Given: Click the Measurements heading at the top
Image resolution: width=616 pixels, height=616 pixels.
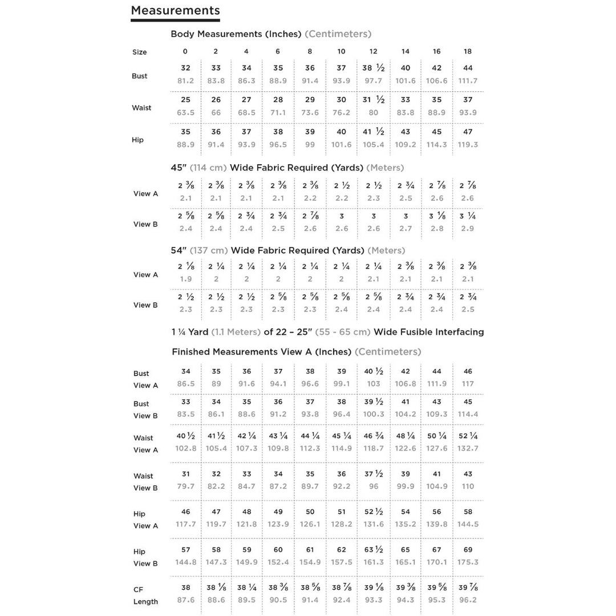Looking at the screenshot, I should [175, 10].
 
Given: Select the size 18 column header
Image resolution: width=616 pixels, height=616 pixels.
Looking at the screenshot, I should [468, 51].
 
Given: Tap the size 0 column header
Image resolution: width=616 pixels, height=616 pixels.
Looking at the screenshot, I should [185, 51].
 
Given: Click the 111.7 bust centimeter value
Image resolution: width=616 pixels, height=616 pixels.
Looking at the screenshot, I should [468, 81].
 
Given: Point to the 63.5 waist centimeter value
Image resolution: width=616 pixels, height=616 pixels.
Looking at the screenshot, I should [185, 113].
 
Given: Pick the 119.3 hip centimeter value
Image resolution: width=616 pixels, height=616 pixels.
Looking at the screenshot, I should [468, 145].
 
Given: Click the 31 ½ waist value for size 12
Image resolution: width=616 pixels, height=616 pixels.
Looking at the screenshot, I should [374, 100].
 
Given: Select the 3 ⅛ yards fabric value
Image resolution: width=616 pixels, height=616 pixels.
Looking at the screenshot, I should [436, 216].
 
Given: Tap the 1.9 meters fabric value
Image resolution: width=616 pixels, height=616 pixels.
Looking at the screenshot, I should [185, 279].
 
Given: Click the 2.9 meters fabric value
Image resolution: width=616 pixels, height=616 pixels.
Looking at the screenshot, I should [468, 229].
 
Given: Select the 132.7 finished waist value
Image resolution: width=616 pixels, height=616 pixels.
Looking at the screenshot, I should [468, 448].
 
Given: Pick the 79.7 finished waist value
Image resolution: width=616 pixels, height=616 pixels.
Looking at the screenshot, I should [185, 487].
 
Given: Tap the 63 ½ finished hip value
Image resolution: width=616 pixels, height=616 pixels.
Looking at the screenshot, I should [374, 550].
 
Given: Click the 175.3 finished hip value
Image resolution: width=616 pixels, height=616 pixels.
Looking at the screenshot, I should [468, 562].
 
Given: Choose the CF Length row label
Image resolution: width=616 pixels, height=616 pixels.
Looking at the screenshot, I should [145, 595].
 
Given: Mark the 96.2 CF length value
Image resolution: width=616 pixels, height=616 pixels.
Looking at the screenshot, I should [468, 600].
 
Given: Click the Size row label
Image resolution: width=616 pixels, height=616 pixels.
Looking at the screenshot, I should [139, 52].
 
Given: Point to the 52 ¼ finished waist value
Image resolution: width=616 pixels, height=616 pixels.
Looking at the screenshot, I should [468, 436].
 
